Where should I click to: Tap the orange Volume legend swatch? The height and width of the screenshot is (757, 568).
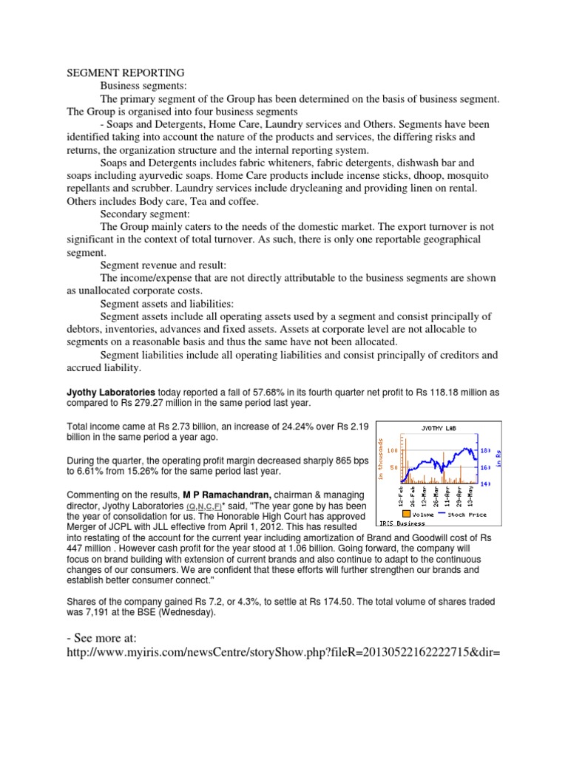[x=405, y=512]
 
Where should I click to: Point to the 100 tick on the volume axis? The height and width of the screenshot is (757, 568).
[x=392, y=450]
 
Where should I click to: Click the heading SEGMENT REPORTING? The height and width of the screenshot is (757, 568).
[x=126, y=73]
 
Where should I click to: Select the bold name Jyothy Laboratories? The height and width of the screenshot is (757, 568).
[x=111, y=391]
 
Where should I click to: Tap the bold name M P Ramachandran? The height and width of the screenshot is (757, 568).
[x=224, y=493]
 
